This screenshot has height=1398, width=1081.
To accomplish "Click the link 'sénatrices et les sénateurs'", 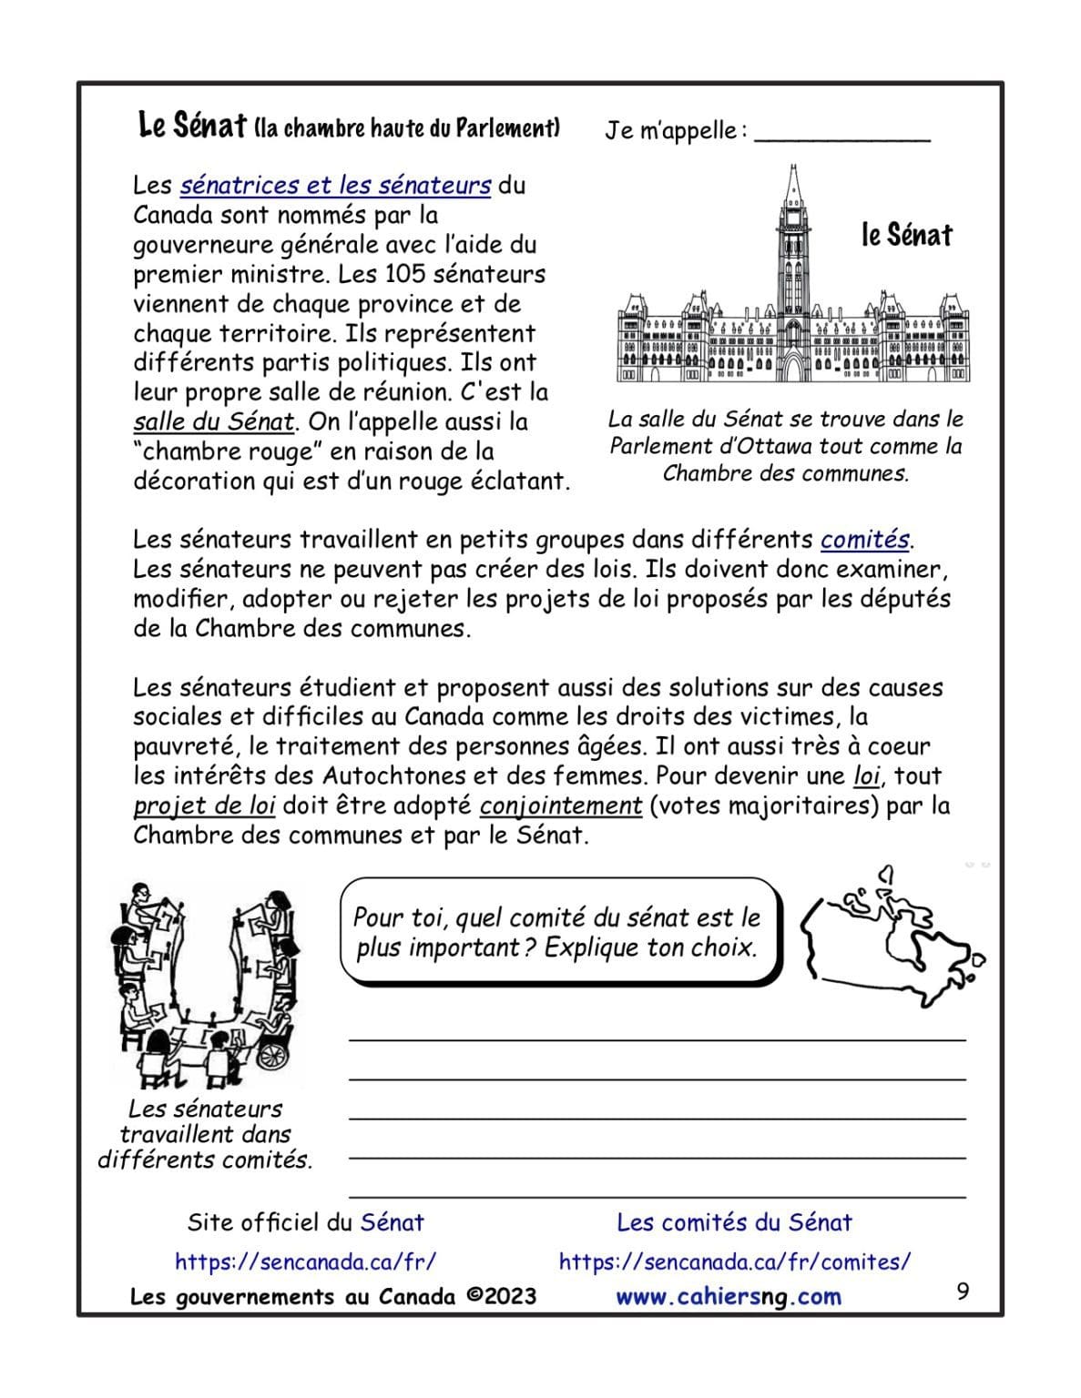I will point(335,186).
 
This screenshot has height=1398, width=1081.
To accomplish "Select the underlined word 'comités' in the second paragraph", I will point(864,540).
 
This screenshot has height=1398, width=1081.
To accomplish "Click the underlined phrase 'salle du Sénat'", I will point(213,422).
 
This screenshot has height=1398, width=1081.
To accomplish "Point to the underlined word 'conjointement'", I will point(561,806).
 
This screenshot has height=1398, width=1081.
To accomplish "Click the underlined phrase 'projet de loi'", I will point(204,806).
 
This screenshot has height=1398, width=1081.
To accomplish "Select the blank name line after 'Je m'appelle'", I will point(842,133).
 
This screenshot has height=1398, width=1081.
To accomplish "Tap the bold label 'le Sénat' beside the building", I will point(905,236).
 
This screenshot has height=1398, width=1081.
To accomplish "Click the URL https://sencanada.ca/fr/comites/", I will point(734,1261).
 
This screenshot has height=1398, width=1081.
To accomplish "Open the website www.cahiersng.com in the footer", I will point(728,1297).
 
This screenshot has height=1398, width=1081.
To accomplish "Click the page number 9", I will point(963,1292).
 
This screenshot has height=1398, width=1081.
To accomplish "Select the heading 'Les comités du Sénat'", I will point(734,1222).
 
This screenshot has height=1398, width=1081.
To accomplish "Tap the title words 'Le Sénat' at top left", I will point(191,126).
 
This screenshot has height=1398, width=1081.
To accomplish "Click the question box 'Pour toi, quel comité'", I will point(556,932).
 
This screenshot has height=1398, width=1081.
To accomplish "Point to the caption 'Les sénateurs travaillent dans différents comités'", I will point(205,1134).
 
